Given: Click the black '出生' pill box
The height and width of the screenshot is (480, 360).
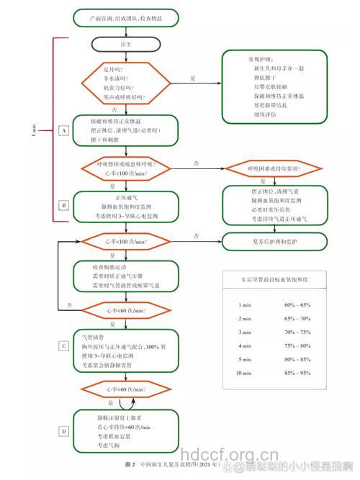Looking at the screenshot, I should click(x=126, y=44).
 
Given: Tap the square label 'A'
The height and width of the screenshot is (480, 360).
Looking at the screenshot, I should click(x=64, y=131).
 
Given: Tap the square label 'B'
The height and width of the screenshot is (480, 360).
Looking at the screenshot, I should click(x=64, y=205).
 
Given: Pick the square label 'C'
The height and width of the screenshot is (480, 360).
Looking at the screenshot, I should click(x=64, y=345).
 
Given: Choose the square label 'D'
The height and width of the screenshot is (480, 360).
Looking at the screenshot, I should click(x=64, y=431).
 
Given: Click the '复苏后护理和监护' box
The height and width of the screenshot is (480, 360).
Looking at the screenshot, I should click(x=279, y=240).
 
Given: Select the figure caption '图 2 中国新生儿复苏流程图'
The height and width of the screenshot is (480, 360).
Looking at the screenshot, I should click(x=168, y=463).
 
